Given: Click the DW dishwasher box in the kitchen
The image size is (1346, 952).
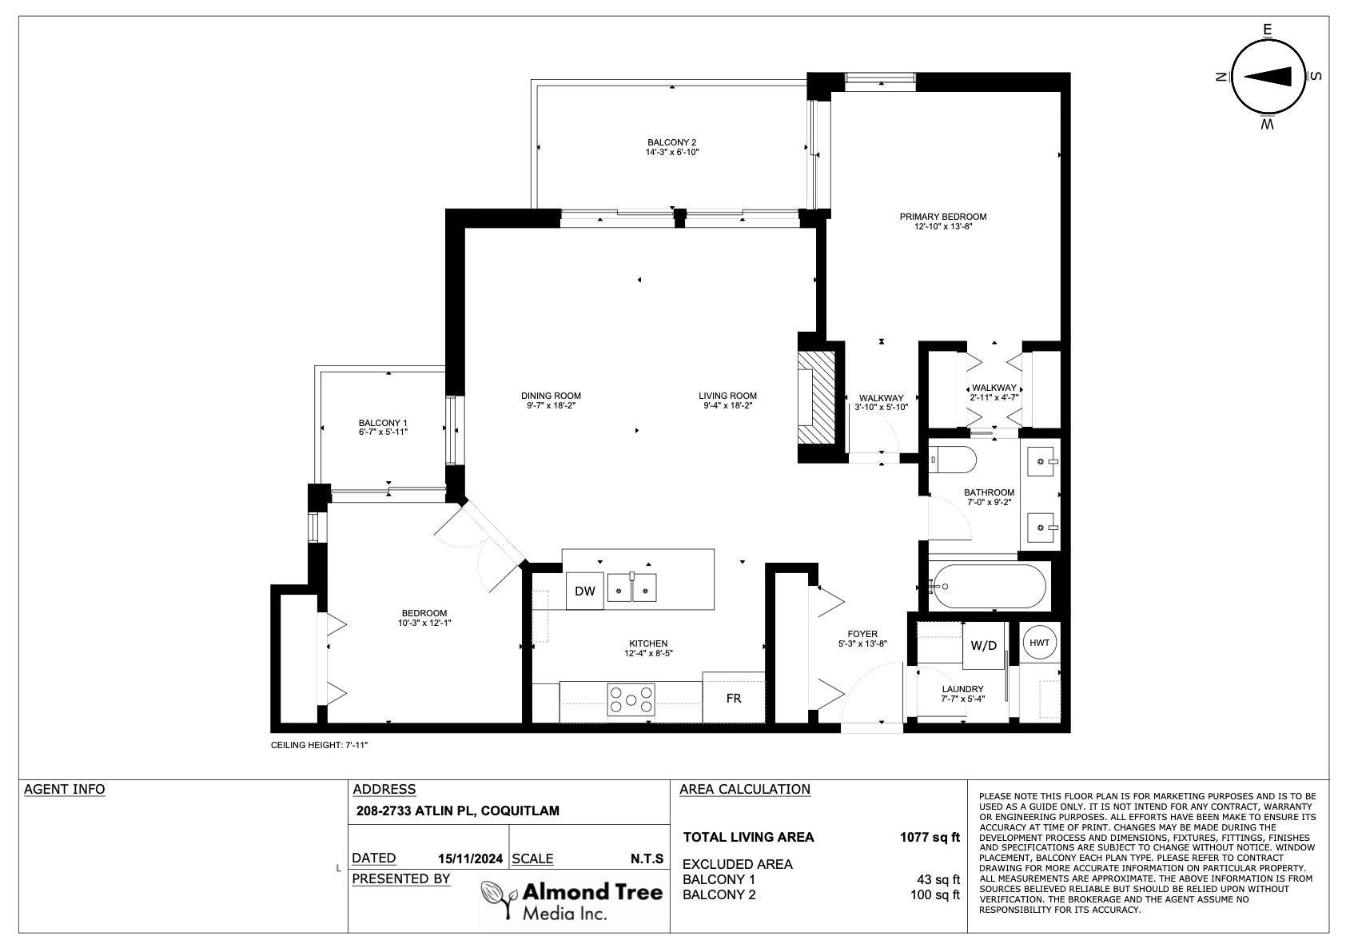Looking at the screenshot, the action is point(584,592).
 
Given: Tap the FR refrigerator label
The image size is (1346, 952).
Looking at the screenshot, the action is point(734,699).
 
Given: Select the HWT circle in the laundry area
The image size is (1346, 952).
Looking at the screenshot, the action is point(1040,643).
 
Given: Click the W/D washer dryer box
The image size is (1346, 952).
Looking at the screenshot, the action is point(984,646).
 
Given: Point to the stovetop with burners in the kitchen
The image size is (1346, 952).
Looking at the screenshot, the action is point(631,699).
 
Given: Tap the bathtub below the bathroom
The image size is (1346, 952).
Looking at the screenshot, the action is point(989,587).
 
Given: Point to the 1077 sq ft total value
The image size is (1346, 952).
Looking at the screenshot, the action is point(930,837).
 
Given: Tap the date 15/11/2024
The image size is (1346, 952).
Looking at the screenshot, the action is point(470,858).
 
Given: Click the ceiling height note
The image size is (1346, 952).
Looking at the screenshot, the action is point(319,745).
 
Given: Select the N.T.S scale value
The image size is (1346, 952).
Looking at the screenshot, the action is point(647,858).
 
